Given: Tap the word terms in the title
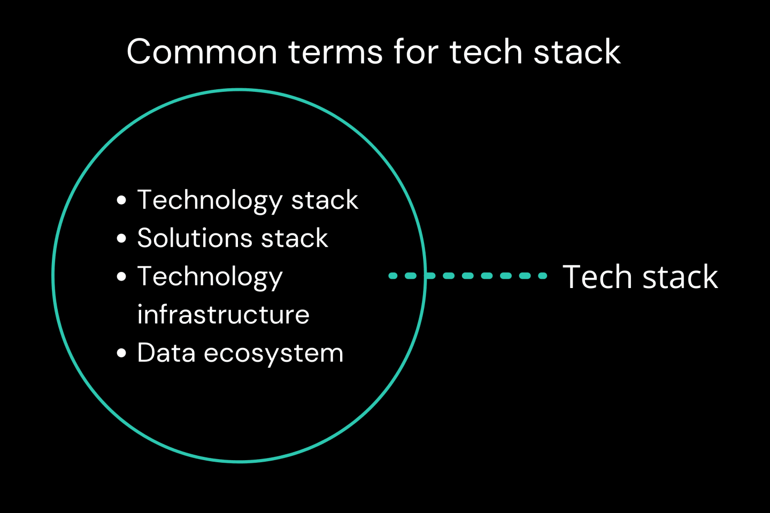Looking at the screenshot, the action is [x=335, y=52].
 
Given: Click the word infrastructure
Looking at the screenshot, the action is [x=224, y=314].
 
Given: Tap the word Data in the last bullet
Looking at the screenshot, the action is [x=166, y=353].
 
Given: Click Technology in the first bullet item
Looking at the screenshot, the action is [x=210, y=201].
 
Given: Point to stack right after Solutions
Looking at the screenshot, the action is [x=294, y=237].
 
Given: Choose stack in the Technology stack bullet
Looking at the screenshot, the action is [x=325, y=199].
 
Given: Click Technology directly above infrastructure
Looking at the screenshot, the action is [x=210, y=278].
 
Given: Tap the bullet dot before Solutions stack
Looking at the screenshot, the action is [x=121, y=238].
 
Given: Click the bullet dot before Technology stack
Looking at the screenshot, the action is [x=121, y=200].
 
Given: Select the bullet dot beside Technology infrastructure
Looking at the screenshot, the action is [x=121, y=277].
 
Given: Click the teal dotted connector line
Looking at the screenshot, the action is [x=467, y=276].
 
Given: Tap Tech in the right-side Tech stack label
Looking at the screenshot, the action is [x=597, y=276].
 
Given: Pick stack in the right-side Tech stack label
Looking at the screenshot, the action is [x=680, y=276].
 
